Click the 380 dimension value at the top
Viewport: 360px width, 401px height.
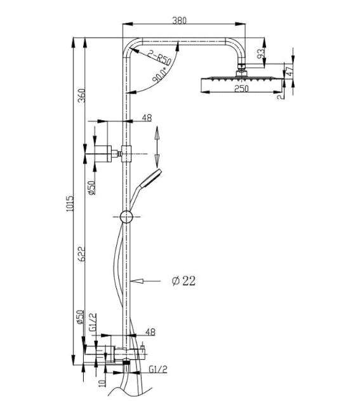coord(179,20)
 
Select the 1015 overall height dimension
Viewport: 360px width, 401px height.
coord(70,203)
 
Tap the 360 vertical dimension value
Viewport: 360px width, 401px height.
coord(81,95)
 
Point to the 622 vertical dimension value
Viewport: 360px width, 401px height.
coord(81,254)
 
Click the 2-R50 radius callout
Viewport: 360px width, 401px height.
coord(159,58)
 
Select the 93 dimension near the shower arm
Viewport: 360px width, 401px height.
coord(261,53)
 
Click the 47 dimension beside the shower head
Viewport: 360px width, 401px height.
coord(290,71)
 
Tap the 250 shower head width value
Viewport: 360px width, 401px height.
coord(241,88)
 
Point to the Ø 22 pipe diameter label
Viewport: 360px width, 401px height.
coord(183,281)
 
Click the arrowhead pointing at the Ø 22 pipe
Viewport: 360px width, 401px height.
coord(136,281)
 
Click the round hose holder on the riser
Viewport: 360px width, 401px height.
coord(126,217)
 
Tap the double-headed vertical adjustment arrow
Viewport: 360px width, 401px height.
coord(157,147)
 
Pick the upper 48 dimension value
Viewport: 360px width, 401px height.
coord(147,118)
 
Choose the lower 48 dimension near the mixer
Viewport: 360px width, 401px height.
coord(150,332)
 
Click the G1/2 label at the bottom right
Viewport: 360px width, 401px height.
coord(158,369)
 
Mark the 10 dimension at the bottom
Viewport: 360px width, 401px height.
coord(102,383)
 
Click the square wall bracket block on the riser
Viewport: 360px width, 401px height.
coord(126,154)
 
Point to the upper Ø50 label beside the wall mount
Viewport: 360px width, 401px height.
coord(91,187)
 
